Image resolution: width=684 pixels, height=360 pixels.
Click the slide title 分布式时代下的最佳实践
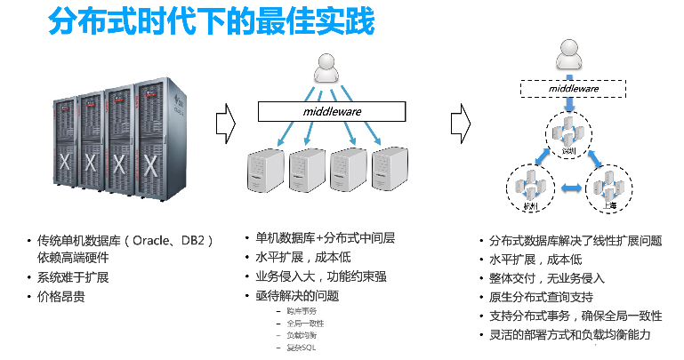pyautogui.click(x=210, y=23)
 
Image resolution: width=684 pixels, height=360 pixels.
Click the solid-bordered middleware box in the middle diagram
pyautogui.click(x=331, y=111)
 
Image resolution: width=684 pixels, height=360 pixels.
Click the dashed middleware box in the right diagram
pyautogui.click(x=572, y=89)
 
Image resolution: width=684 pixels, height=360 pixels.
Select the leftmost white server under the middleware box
pyautogui.click(x=264, y=166)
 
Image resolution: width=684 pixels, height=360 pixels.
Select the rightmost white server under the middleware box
pyautogui.click(x=392, y=166)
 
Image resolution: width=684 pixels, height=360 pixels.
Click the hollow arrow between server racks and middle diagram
pyautogui.click(x=225, y=117)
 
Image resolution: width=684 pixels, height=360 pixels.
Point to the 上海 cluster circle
pyautogui.click(x=611, y=188)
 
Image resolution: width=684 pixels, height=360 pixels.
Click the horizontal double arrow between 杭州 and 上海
pyautogui.click(x=570, y=188)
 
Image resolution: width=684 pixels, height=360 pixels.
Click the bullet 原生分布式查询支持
pyautogui.click(x=541, y=296)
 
